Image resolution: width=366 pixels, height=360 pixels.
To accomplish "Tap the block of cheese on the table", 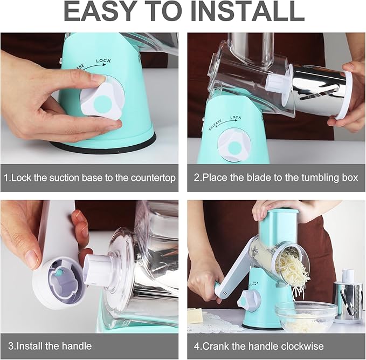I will pyautogui.click(x=195, y=315).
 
